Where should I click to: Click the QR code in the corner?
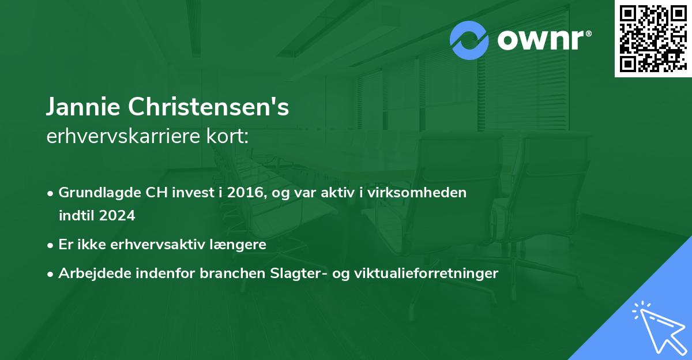click(653, 39)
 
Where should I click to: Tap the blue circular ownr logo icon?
click(469, 40)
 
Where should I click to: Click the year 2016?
click(245, 193)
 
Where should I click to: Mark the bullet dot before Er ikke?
click(51, 245)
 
